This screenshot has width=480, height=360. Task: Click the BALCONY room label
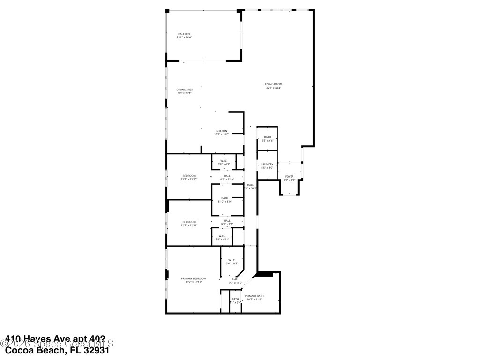pyautogui.click(x=184, y=34)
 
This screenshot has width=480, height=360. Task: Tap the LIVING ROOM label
pyautogui.click(x=274, y=84)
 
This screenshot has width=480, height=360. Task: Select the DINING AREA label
pyautogui.click(x=184, y=90)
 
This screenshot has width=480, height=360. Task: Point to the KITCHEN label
pyautogui.click(x=222, y=131)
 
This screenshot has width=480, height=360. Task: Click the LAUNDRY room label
pyautogui.click(x=267, y=164)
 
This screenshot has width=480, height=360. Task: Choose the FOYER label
pyautogui.click(x=290, y=176)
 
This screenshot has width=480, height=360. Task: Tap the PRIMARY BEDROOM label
pyautogui.click(x=194, y=278)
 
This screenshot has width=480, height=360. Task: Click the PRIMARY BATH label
pyautogui.click(x=254, y=296)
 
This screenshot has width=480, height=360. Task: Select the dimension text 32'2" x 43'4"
pyautogui.click(x=274, y=88)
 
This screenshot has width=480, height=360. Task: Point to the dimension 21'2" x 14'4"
pyautogui.click(x=184, y=37)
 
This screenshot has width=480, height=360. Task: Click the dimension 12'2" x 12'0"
pyautogui.click(x=222, y=135)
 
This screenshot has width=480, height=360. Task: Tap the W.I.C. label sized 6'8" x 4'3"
pyautogui.click(x=224, y=161)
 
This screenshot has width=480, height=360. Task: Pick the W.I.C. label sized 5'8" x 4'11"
pyautogui.click(x=222, y=236)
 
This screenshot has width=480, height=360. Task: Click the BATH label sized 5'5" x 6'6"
pyautogui.click(x=267, y=137)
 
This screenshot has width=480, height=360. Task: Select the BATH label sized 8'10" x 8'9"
pyautogui.click(x=224, y=198)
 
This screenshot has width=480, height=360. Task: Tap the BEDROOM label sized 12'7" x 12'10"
pyautogui.click(x=189, y=176)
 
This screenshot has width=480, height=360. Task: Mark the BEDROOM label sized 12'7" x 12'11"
pyautogui.click(x=189, y=222)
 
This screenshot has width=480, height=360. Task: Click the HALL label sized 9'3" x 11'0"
pyautogui.click(x=235, y=279)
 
